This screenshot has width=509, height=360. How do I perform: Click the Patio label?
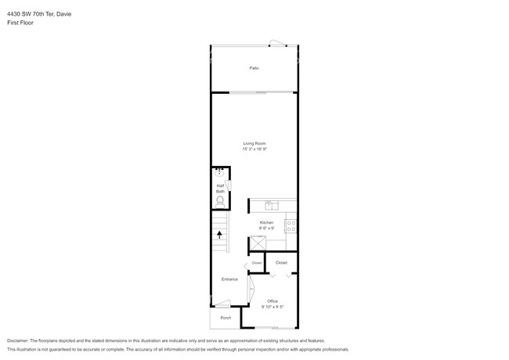click(254, 69)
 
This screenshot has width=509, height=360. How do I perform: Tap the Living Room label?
click(254, 143)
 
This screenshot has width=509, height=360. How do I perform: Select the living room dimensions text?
click(254, 149)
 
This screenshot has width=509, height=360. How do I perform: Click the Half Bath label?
click(221, 189)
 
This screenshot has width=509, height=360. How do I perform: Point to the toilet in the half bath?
click(221, 200)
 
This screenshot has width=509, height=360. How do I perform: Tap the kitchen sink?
click(272, 206)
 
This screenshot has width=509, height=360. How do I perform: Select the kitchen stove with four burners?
click(291, 226)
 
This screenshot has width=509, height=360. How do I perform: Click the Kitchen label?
click(266, 222)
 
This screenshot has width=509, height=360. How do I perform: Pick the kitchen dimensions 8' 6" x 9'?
click(266, 229)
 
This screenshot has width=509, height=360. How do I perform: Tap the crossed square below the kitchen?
click(256, 243)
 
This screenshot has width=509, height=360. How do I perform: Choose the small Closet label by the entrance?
click(256, 263)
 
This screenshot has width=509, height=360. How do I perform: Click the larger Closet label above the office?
click(281, 263)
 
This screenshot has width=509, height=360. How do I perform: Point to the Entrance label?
click(229, 279)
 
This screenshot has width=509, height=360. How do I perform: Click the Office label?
click(273, 301)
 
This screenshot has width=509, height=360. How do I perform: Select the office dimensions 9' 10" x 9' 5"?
click(273, 307)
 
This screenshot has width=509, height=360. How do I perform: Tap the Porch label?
click(226, 319)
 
